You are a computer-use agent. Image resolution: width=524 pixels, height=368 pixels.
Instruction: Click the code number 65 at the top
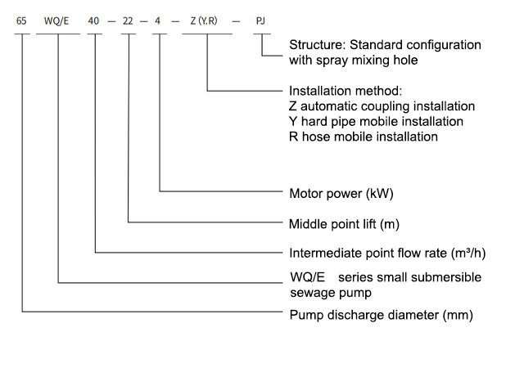coord(21,20)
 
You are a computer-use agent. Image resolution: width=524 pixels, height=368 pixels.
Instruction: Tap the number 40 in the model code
coord(96,20)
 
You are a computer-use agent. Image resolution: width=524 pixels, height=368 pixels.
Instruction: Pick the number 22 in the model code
coord(128,20)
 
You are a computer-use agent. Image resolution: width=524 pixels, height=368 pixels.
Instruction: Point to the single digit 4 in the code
coord(158,20)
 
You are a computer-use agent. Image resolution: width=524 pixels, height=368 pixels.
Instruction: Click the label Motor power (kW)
coord(336,194)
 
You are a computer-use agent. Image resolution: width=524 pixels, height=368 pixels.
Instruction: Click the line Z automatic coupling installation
coord(382,106)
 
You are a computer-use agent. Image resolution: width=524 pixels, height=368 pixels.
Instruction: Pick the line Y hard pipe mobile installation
coord(376,121)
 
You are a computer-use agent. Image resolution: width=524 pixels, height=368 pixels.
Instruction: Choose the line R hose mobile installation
coord(364,137)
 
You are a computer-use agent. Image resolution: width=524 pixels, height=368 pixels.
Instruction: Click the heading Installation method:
coord(346,91)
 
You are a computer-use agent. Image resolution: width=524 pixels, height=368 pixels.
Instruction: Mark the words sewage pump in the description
coord(331,292)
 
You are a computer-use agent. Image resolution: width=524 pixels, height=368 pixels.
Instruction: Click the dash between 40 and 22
coord(112,20)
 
